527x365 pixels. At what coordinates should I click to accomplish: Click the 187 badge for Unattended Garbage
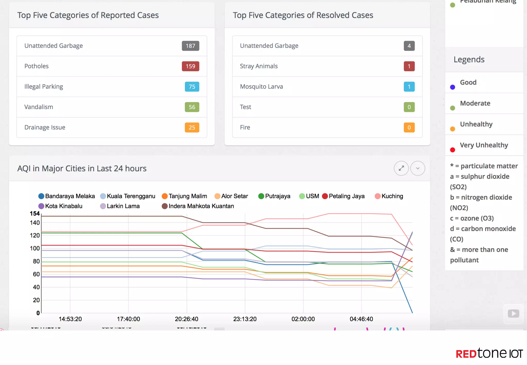pos(190,46)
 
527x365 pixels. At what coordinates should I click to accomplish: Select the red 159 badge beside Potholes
pos(190,66)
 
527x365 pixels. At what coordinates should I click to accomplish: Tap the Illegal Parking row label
pos(43,86)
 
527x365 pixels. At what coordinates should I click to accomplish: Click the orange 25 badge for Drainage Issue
pos(192,127)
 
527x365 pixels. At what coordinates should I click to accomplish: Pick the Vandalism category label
pos(39,107)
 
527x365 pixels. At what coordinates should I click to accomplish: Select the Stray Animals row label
pos(259,66)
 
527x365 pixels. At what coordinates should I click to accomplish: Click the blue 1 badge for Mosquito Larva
pos(409,87)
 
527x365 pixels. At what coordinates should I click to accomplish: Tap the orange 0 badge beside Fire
pos(409,127)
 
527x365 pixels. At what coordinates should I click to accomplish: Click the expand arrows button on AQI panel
pos(401,168)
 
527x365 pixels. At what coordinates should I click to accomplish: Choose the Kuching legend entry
pos(389,196)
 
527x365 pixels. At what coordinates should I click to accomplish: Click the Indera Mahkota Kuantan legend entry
pos(198,206)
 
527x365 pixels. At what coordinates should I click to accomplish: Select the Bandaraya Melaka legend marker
pos(41,196)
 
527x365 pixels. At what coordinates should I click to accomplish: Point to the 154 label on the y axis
pos(34,213)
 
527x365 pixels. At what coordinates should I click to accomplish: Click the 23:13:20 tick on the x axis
pos(245,319)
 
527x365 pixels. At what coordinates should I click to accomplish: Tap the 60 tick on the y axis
pos(36,274)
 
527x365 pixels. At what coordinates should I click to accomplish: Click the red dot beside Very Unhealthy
pos(453,150)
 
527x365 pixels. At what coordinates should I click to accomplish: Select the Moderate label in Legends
pos(475,103)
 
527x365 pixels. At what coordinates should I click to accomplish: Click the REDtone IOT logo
pos(489,353)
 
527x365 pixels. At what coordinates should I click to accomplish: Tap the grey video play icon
pos(513,314)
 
